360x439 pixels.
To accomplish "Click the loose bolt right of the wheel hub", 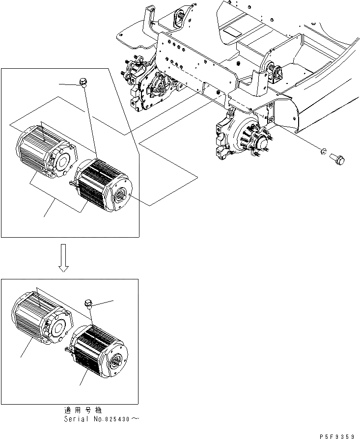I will click(337, 158).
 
